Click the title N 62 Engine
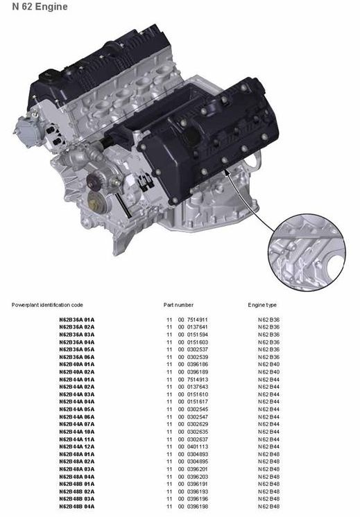[x=40, y=7]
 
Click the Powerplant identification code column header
[x=47, y=305]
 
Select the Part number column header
[x=178, y=305]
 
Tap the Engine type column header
[x=262, y=305]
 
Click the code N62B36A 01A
[x=76, y=319]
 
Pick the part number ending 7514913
[x=187, y=380]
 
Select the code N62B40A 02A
[x=76, y=372]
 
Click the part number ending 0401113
[x=187, y=447]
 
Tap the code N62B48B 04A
[x=76, y=507]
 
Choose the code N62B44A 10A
[x=76, y=432]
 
